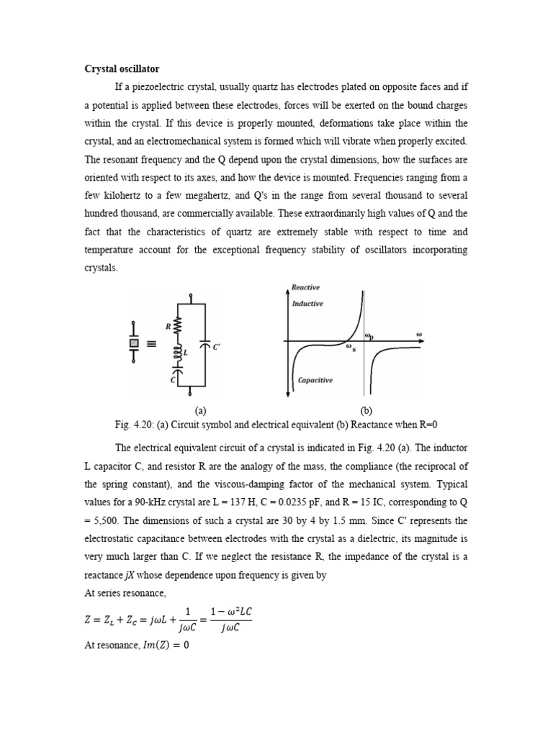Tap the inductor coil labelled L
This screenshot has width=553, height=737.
[176, 353]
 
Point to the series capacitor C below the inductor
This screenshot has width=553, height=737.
[176, 376]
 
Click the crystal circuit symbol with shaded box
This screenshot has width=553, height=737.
[132, 343]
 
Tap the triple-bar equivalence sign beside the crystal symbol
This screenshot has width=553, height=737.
[150, 344]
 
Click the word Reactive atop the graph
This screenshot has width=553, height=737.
[305, 287]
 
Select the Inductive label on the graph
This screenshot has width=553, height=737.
[307, 304]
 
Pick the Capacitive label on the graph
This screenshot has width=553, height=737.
[315, 380]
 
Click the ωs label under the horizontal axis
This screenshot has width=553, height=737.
[353, 349]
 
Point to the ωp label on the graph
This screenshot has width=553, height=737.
[369, 335]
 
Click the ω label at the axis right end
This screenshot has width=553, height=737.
[419, 334]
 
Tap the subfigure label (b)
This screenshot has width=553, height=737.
[366, 410]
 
